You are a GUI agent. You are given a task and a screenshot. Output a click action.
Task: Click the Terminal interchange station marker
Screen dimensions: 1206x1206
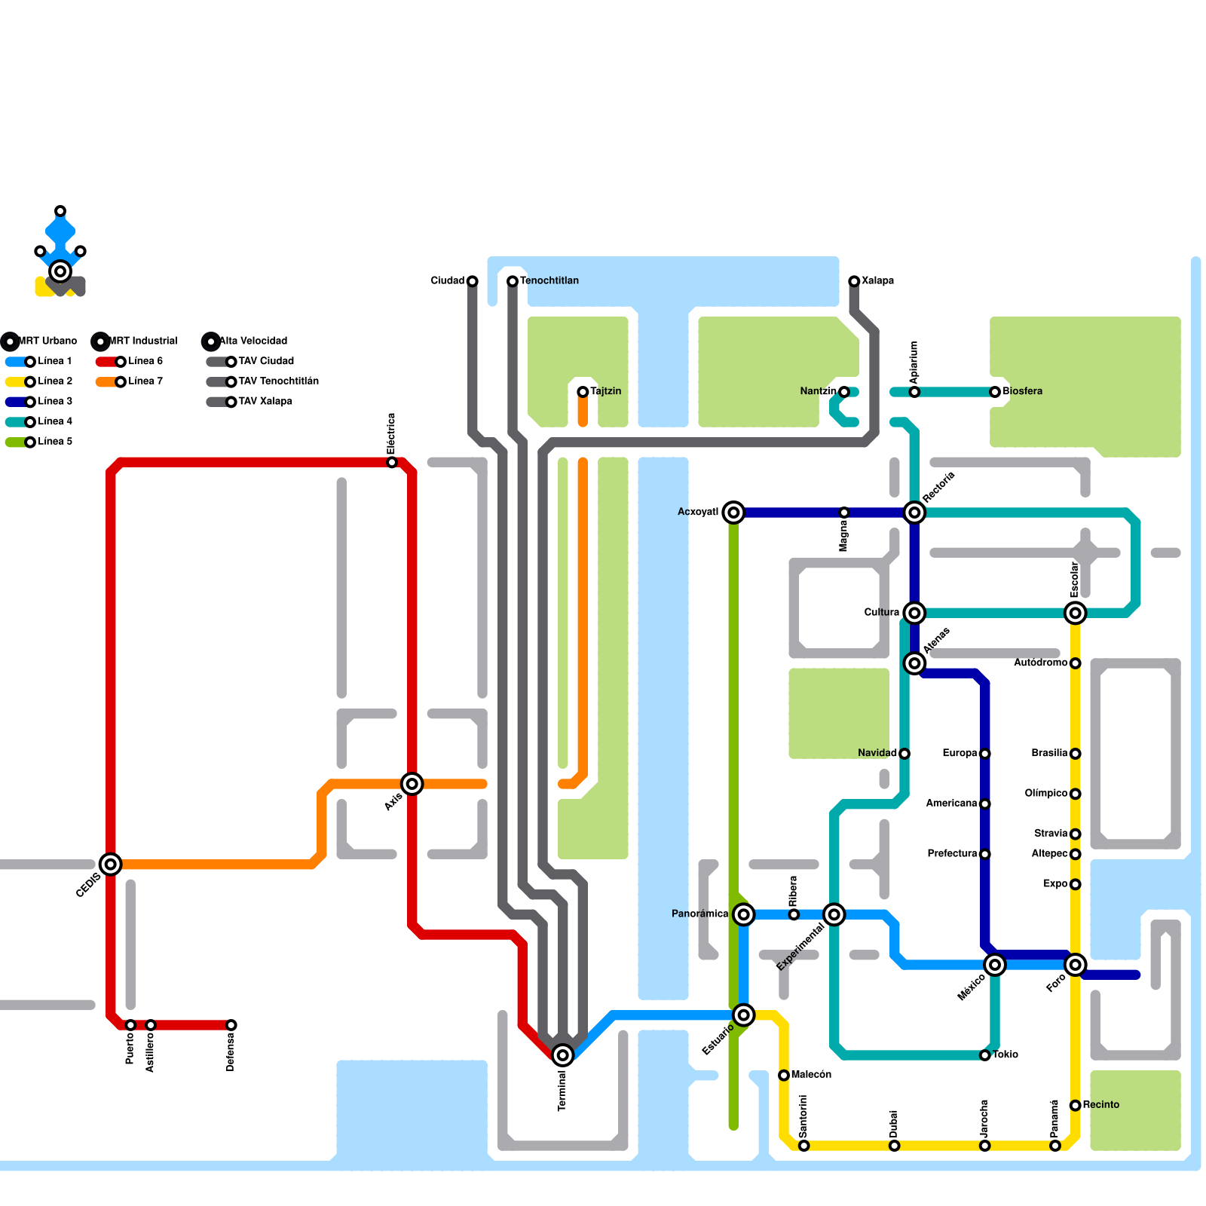(x=562, y=1055)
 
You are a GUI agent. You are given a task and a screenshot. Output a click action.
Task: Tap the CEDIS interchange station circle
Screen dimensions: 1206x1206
(x=111, y=865)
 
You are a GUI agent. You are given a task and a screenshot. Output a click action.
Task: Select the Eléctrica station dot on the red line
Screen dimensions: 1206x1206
(x=392, y=462)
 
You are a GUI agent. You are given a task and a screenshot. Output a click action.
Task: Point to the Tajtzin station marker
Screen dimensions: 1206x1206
(x=583, y=392)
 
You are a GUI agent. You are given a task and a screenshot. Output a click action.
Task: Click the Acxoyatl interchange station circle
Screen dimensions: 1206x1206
(x=733, y=513)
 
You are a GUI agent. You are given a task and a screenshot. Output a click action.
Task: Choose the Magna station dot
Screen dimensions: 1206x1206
(x=844, y=513)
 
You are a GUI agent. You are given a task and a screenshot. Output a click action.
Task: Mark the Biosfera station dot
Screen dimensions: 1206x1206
(x=995, y=392)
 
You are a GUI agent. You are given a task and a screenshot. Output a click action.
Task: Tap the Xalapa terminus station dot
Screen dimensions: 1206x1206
(x=854, y=281)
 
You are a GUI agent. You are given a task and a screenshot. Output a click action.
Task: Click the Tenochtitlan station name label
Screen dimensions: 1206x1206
(x=549, y=280)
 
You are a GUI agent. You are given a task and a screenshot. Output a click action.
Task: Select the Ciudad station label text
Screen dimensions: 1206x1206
(x=447, y=280)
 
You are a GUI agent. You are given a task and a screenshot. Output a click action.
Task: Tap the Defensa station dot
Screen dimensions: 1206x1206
(x=231, y=1025)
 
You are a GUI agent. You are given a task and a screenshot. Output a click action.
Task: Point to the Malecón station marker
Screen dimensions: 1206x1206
(x=784, y=1075)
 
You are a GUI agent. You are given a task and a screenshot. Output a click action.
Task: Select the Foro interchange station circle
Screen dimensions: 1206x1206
(x=1076, y=965)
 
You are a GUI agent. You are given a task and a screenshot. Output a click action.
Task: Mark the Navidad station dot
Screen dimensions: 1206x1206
(x=904, y=754)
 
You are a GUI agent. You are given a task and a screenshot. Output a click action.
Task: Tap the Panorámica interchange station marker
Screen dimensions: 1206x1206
(x=744, y=914)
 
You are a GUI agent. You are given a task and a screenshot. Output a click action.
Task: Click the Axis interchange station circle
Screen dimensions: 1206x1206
(x=412, y=784)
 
